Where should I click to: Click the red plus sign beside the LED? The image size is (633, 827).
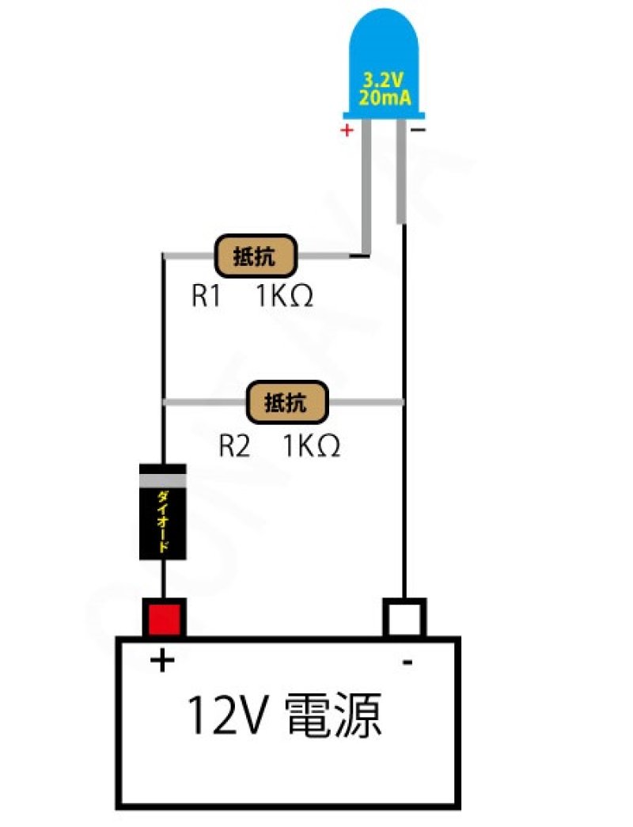[346, 131]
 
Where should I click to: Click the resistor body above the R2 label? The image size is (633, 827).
[287, 402]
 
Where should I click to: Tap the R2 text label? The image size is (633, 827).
[234, 446]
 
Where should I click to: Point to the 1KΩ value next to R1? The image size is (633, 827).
[284, 297]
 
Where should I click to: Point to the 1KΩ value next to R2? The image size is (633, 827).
[312, 446]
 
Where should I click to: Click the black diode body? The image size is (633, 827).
[163, 522]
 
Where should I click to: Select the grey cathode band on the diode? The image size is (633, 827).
[163, 479]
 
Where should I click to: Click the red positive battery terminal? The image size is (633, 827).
[164, 618]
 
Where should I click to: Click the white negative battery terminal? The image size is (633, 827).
[404, 618]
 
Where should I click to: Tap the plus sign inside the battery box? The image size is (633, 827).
[161, 660]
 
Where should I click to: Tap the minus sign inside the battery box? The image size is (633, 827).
[407, 662]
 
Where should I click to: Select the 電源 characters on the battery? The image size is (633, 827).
[332, 716]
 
